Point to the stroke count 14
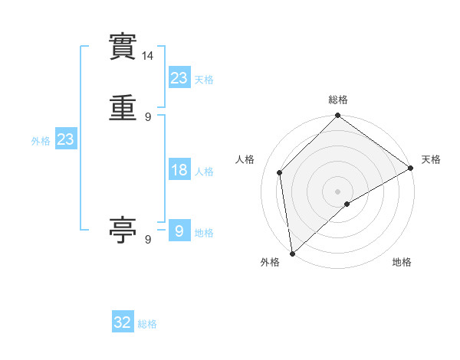[x=148, y=56]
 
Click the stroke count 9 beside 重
[x=148, y=117]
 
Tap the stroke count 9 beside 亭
[x=148, y=240]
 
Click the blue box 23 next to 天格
[x=179, y=77]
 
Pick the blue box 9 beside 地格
[x=179, y=231]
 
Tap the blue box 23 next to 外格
[x=65, y=139]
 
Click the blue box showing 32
[x=123, y=322]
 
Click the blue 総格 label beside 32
[x=147, y=324]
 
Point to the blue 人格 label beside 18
[x=205, y=172]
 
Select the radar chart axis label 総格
[x=338, y=100]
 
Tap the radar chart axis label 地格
[x=402, y=262]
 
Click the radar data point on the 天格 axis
[x=411, y=168]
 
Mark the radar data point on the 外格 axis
[x=292, y=254]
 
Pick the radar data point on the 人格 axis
[x=280, y=172]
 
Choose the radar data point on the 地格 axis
[x=347, y=204]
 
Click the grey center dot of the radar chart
[x=338, y=191]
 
